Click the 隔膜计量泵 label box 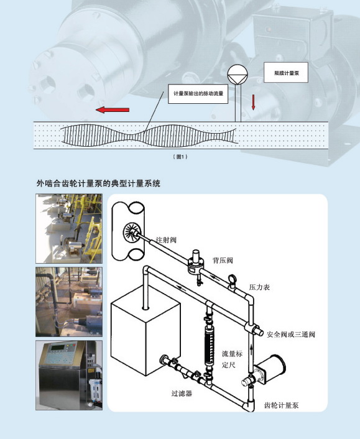pos(286,73)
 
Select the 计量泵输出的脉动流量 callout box pos(198,94)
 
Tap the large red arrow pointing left pos(113,109)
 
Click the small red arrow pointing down pos(253,102)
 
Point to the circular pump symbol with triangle pos(238,74)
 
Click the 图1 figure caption pos(180,157)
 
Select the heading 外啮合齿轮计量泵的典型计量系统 pos(98,183)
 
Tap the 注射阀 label pos(166,239)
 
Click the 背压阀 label pos(223,261)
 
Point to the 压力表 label pos(259,287)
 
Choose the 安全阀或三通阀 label pos(291,335)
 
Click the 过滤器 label pos(182,394)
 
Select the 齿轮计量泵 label pos(281,405)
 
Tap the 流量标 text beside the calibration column pos(232,354)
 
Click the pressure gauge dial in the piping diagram pos(232,279)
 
